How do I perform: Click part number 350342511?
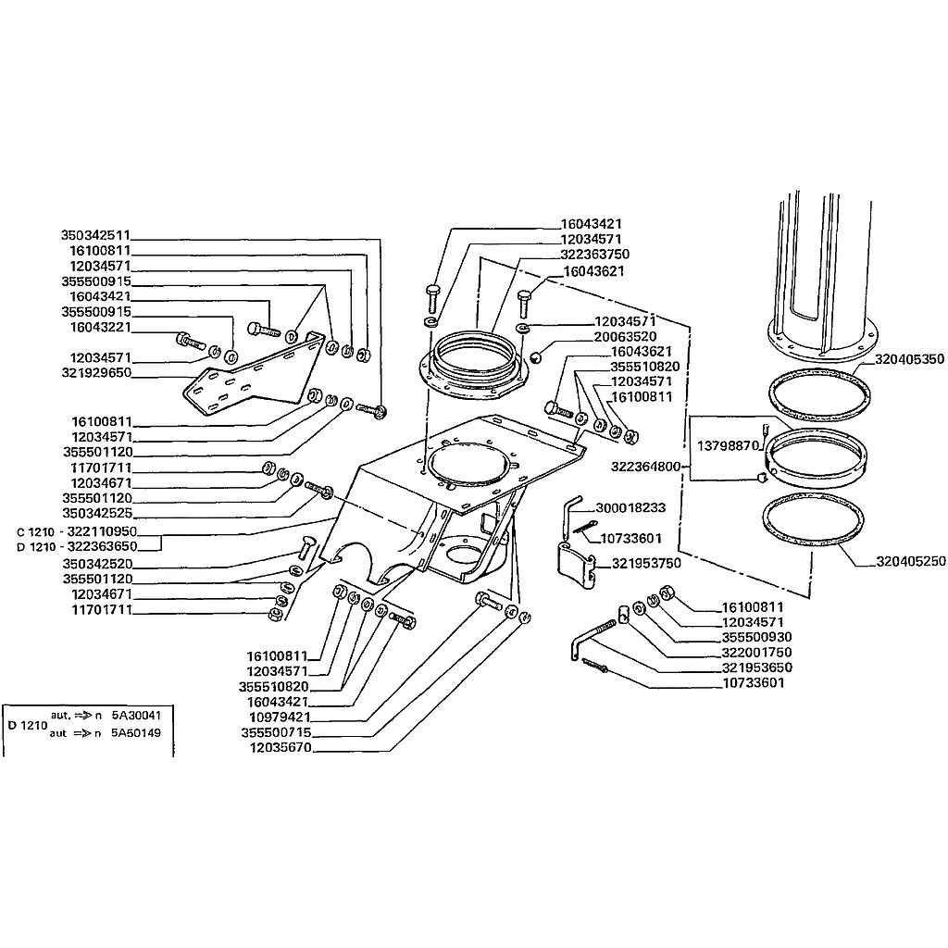tap(95, 235)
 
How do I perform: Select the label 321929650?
tap(96, 372)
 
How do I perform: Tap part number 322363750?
tap(595, 254)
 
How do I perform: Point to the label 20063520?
tap(625, 336)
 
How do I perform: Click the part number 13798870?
tap(728, 445)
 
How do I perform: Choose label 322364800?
tap(645, 467)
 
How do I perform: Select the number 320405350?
tap(909, 359)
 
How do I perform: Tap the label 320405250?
tap(911, 561)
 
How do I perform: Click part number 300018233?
tap(630, 507)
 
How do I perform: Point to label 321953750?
tap(646, 563)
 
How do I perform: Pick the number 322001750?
tap(756, 653)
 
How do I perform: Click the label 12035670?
tap(281, 748)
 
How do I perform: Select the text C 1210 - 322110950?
tap(77, 532)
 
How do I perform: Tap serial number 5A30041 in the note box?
tap(137, 716)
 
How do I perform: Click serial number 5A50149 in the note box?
tap(137, 733)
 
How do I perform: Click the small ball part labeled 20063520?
tap(536, 357)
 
